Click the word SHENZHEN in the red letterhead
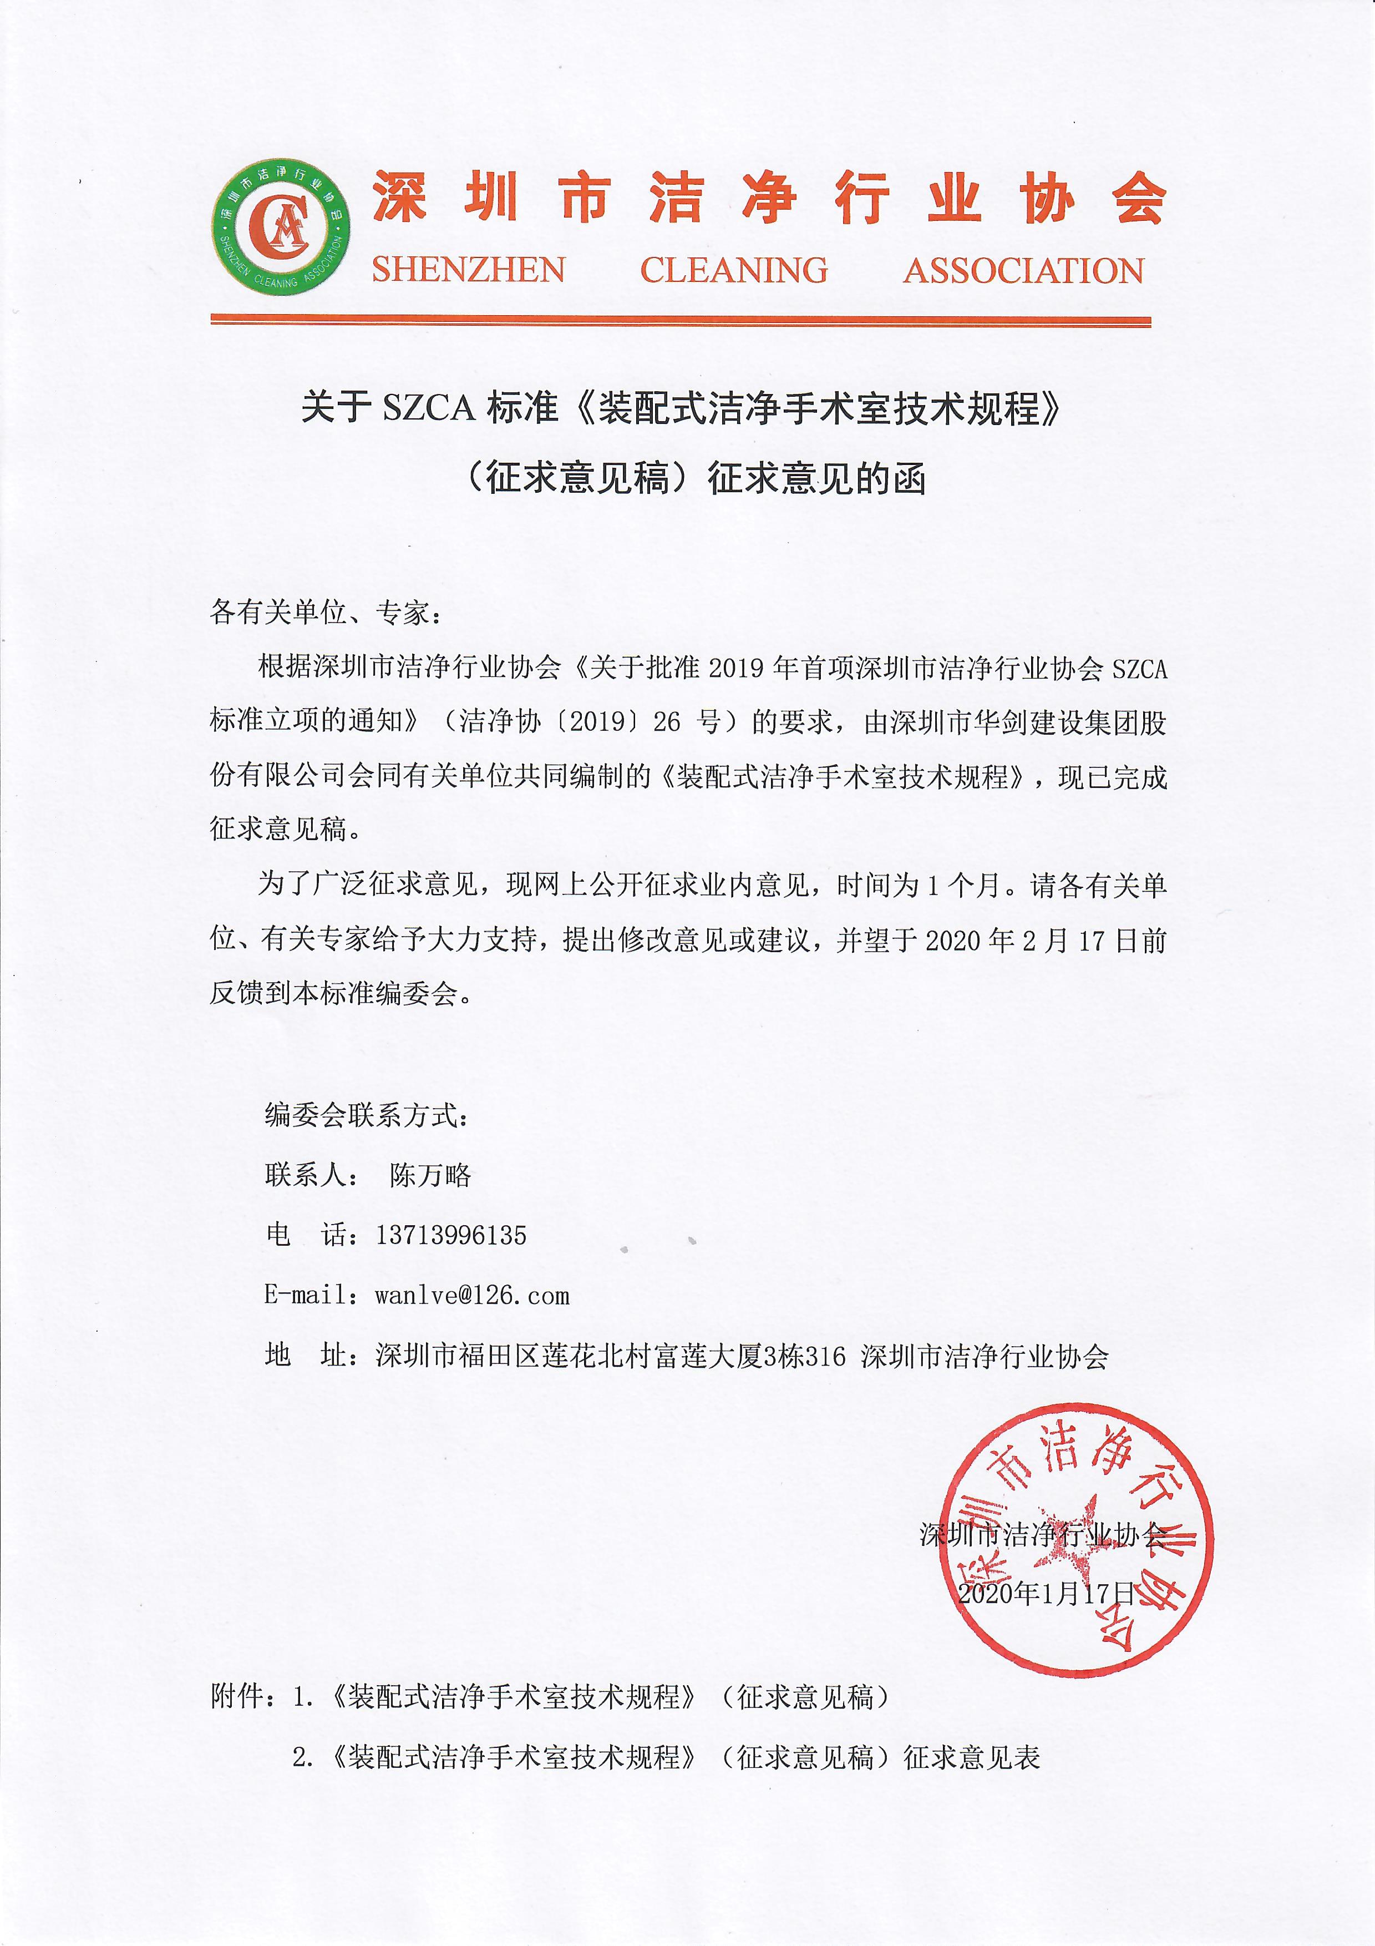[x=469, y=270]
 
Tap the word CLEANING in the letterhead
[x=734, y=270]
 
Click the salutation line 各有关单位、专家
[x=326, y=612]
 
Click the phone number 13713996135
[x=451, y=1235]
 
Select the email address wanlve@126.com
[x=472, y=1295]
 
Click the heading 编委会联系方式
[x=367, y=1115]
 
